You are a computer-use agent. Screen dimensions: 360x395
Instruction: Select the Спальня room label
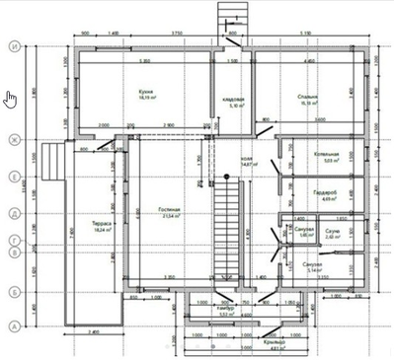click(x=307, y=97)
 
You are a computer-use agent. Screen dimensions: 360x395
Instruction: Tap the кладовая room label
click(x=233, y=101)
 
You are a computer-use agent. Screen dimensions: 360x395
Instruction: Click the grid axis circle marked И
click(x=15, y=46)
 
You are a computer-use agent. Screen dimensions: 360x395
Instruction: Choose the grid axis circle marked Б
click(x=15, y=292)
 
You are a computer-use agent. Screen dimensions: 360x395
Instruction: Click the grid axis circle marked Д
click(x=15, y=212)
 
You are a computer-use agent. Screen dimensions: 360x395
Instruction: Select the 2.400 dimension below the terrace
click(x=93, y=331)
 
